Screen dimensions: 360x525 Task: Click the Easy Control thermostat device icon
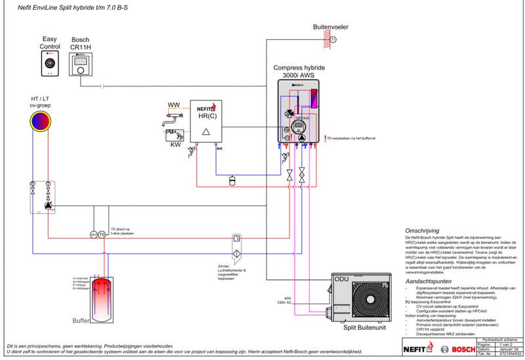pyautogui.click(x=51, y=63)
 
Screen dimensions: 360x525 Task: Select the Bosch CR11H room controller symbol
pyautogui.click(x=81, y=64)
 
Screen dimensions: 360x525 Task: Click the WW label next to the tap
pyautogui.click(x=174, y=105)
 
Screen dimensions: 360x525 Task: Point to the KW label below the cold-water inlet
pyautogui.click(x=175, y=144)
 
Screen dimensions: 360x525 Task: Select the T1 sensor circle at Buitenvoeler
pyautogui.click(x=332, y=40)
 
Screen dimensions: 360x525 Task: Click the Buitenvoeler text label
pyautogui.click(x=330, y=28)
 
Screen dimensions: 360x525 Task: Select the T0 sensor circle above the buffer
pyautogui.click(x=102, y=235)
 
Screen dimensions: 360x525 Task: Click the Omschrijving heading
pyautogui.click(x=426, y=231)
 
